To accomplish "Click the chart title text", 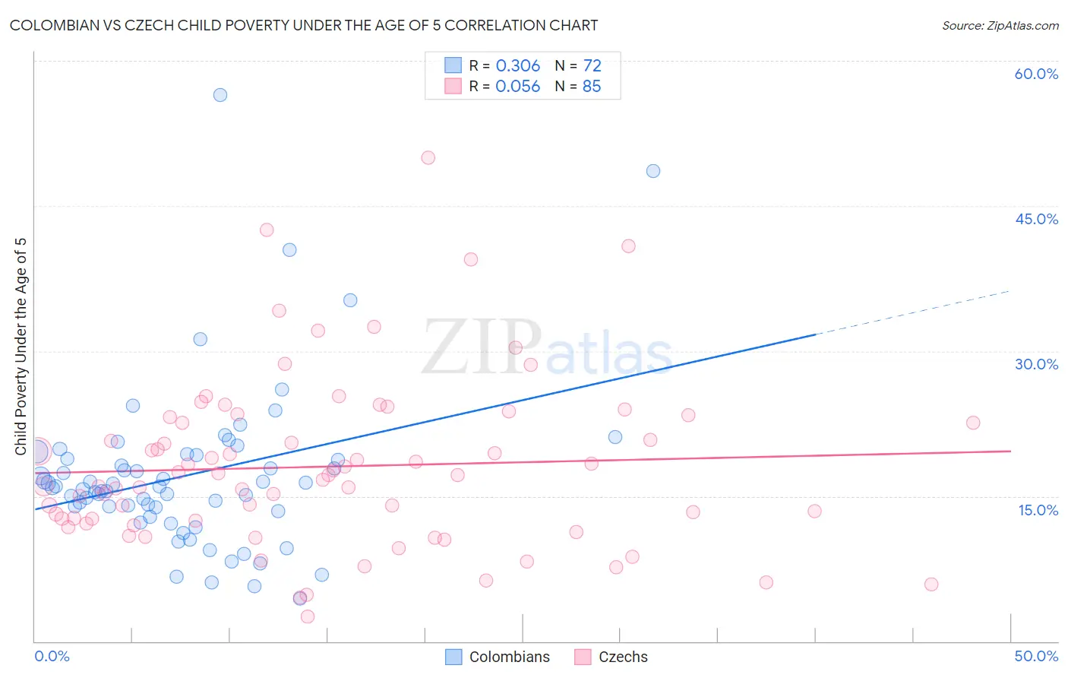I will (304, 25).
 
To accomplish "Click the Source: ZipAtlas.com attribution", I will (1000, 26).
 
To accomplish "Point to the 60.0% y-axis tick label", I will (1036, 74).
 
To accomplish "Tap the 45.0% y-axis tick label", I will (1036, 219).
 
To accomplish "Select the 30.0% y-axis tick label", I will (1036, 364).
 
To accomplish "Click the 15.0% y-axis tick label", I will (1038, 510).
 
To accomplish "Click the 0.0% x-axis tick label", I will (52, 656).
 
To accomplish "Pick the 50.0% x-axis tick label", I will (1036, 656).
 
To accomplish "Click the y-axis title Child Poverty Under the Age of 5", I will (21, 347).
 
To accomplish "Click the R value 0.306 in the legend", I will (517, 66).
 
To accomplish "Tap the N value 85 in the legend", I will (591, 87).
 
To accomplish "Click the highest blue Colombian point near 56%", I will (220, 95).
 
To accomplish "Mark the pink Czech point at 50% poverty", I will (428, 158).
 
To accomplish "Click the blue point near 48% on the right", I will (653, 171).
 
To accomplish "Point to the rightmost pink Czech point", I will (973, 423).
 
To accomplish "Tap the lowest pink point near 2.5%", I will (308, 616).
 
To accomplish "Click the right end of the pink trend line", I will (1010, 451).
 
